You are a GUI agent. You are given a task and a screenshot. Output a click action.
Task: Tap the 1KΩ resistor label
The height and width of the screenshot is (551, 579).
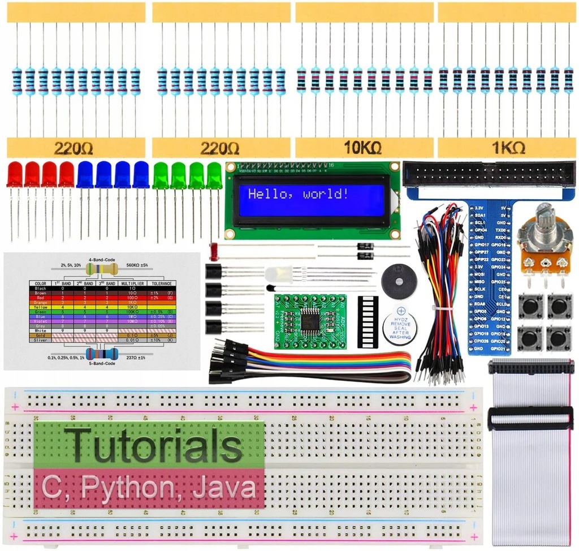pos(507,148)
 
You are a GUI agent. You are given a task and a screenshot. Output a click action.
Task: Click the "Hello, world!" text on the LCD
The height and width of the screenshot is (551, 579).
pos(298,195)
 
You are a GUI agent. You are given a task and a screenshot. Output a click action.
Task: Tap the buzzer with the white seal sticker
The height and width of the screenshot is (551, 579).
pos(400,324)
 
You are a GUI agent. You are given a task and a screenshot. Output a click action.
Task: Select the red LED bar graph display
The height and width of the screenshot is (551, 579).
pos(368,320)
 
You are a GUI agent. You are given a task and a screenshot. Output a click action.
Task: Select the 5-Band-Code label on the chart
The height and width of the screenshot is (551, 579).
pos(101,363)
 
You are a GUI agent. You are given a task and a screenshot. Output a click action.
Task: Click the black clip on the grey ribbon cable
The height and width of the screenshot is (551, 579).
pos(530,417)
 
